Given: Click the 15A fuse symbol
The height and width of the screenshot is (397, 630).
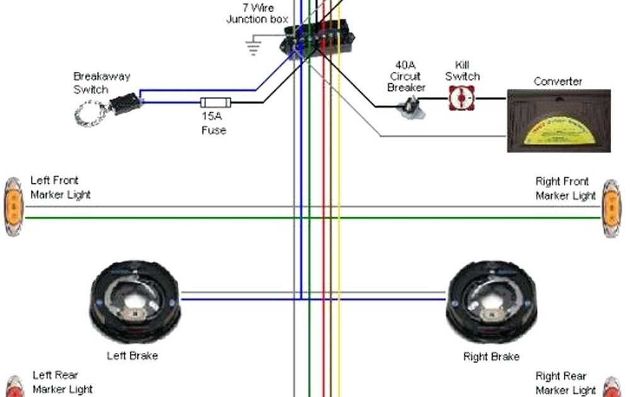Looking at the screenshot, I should (x=215, y=102).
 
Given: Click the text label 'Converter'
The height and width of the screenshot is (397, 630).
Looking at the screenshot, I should (x=558, y=81).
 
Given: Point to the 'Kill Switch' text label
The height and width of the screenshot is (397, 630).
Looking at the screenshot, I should (x=462, y=71).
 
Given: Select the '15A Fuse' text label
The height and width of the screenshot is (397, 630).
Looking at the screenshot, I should (x=214, y=124).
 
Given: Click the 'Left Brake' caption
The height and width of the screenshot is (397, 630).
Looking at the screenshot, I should (x=132, y=356).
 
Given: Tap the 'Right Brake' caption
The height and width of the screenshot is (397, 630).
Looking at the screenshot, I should (x=491, y=357).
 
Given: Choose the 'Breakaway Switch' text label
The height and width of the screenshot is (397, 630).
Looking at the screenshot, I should (x=101, y=83).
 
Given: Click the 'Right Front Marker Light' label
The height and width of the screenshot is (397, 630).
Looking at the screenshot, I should (x=565, y=188).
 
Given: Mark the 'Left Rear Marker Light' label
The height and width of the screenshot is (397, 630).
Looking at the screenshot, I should (x=62, y=382).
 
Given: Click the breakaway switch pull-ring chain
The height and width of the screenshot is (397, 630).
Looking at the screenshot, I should (x=88, y=114).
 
